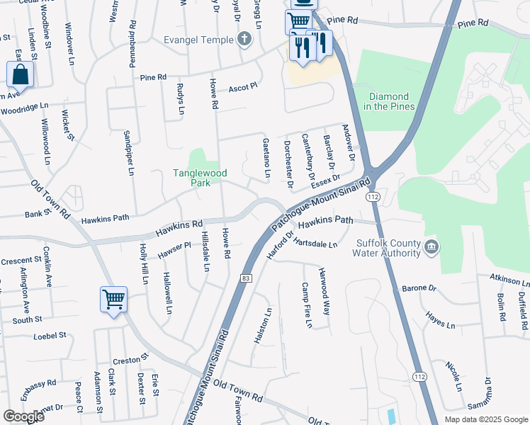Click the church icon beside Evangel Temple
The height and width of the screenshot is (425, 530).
pyautogui.click(x=244, y=39)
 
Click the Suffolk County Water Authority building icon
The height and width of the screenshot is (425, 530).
pyautogui.click(x=432, y=247)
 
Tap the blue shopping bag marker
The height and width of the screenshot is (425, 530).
pyautogui.click(x=21, y=74)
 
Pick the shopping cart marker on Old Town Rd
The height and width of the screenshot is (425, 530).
pyautogui.click(x=113, y=300)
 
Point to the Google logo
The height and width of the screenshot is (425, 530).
pyautogui.click(x=23, y=416)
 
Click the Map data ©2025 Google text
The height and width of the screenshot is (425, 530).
pyautogui.click(x=485, y=419)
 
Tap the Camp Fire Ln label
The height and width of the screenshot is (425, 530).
pyautogui.click(x=306, y=306)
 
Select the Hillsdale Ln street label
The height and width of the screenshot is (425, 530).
pyautogui.click(x=205, y=251)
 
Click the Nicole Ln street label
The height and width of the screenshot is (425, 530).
pyautogui.click(x=453, y=376)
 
